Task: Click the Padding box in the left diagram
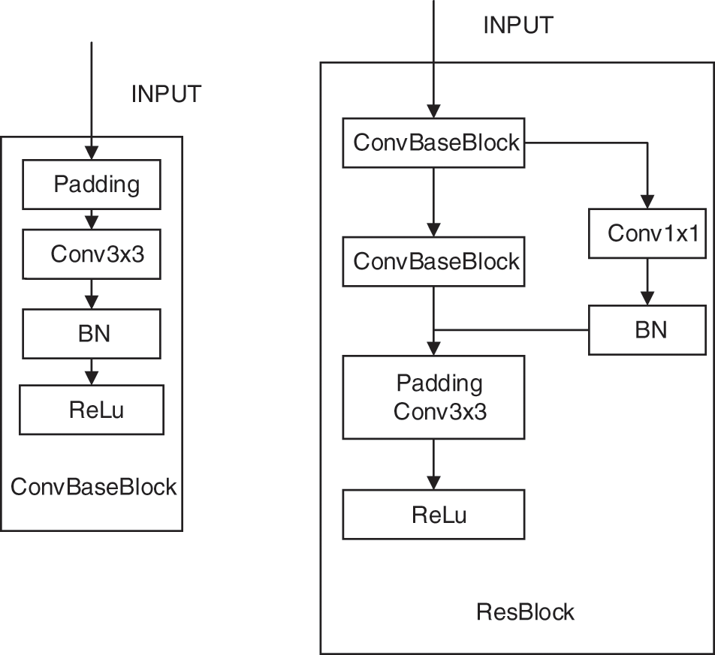coord(92,185)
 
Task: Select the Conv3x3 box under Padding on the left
coord(92,254)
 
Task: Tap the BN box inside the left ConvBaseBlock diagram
coord(92,333)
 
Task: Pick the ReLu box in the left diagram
coord(92,409)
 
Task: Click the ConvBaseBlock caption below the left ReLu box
coord(93,487)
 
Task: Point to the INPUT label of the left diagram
coord(166,95)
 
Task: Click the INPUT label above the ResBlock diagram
coord(517,25)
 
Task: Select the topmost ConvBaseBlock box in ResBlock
coord(433,143)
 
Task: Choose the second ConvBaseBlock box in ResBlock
coord(433,261)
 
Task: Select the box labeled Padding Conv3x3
coord(433,397)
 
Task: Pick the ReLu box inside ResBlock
coord(433,514)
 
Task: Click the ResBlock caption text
coord(525,611)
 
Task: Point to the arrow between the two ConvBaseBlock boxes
coord(433,201)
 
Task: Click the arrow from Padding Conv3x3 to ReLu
coord(433,464)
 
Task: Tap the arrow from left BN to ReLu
coord(92,371)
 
